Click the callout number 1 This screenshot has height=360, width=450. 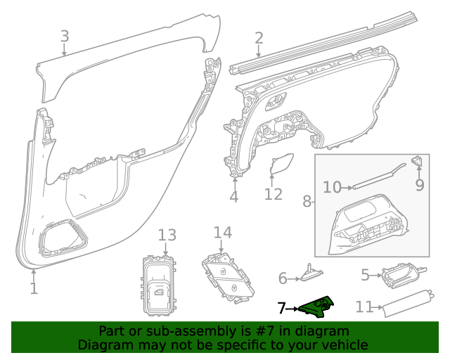click(34, 288)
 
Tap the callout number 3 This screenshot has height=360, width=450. click(65, 36)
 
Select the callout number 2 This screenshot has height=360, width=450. click(259, 38)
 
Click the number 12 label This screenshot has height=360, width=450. click(274, 194)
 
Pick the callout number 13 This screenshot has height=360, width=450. click(166, 235)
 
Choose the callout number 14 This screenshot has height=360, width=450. click(222, 232)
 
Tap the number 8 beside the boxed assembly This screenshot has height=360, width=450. click(307, 202)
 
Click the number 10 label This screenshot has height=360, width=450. click(332, 186)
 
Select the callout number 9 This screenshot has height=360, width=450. click(420, 186)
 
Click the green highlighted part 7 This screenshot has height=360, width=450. click(316, 307)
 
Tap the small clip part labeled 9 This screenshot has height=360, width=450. click(417, 161)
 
